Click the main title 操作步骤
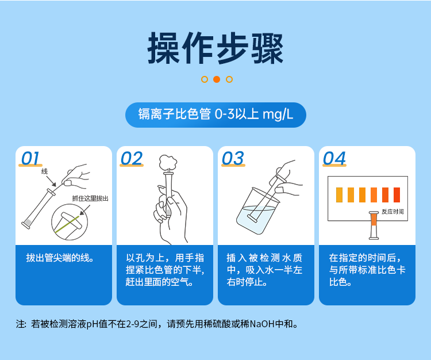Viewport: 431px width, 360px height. click(215, 48)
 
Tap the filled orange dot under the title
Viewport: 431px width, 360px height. click(217, 79)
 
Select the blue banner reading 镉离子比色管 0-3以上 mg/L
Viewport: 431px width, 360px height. click(215, 114)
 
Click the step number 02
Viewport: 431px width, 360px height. click(132, 159)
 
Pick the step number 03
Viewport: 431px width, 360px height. click(233, 159)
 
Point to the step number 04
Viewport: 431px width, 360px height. click(334, 159)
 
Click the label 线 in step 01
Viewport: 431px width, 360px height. click(44, 171)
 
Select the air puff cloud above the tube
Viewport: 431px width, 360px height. click(168, 164)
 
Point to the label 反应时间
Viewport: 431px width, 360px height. click(392, 212)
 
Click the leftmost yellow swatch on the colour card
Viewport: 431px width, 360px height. click(339, 195)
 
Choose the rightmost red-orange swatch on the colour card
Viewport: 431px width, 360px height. click(397, 195)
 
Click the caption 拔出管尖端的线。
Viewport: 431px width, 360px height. click(60, 258)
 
